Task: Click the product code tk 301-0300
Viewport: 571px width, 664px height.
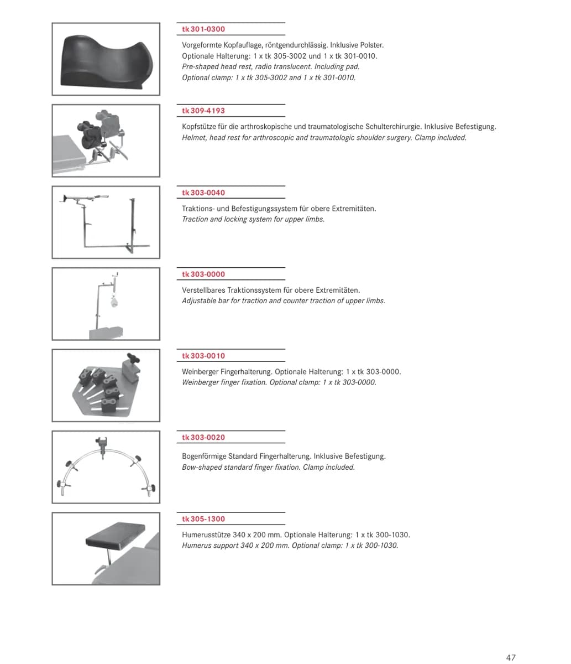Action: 203,29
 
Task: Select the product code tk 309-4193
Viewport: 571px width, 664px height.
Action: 203,111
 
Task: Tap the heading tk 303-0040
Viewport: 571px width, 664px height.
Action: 203,193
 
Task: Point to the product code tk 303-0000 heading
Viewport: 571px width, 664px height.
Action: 203,274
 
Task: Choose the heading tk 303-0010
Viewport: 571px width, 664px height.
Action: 203,356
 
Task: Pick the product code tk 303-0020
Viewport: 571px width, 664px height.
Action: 203,437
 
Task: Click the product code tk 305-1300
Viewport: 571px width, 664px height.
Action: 203,519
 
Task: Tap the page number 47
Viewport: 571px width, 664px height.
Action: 511,657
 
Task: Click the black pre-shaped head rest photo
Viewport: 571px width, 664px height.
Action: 106,61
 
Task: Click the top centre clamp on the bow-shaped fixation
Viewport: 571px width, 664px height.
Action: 102,444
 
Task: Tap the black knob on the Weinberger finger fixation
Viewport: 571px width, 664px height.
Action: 134,358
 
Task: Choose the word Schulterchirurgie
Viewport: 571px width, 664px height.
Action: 393,127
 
